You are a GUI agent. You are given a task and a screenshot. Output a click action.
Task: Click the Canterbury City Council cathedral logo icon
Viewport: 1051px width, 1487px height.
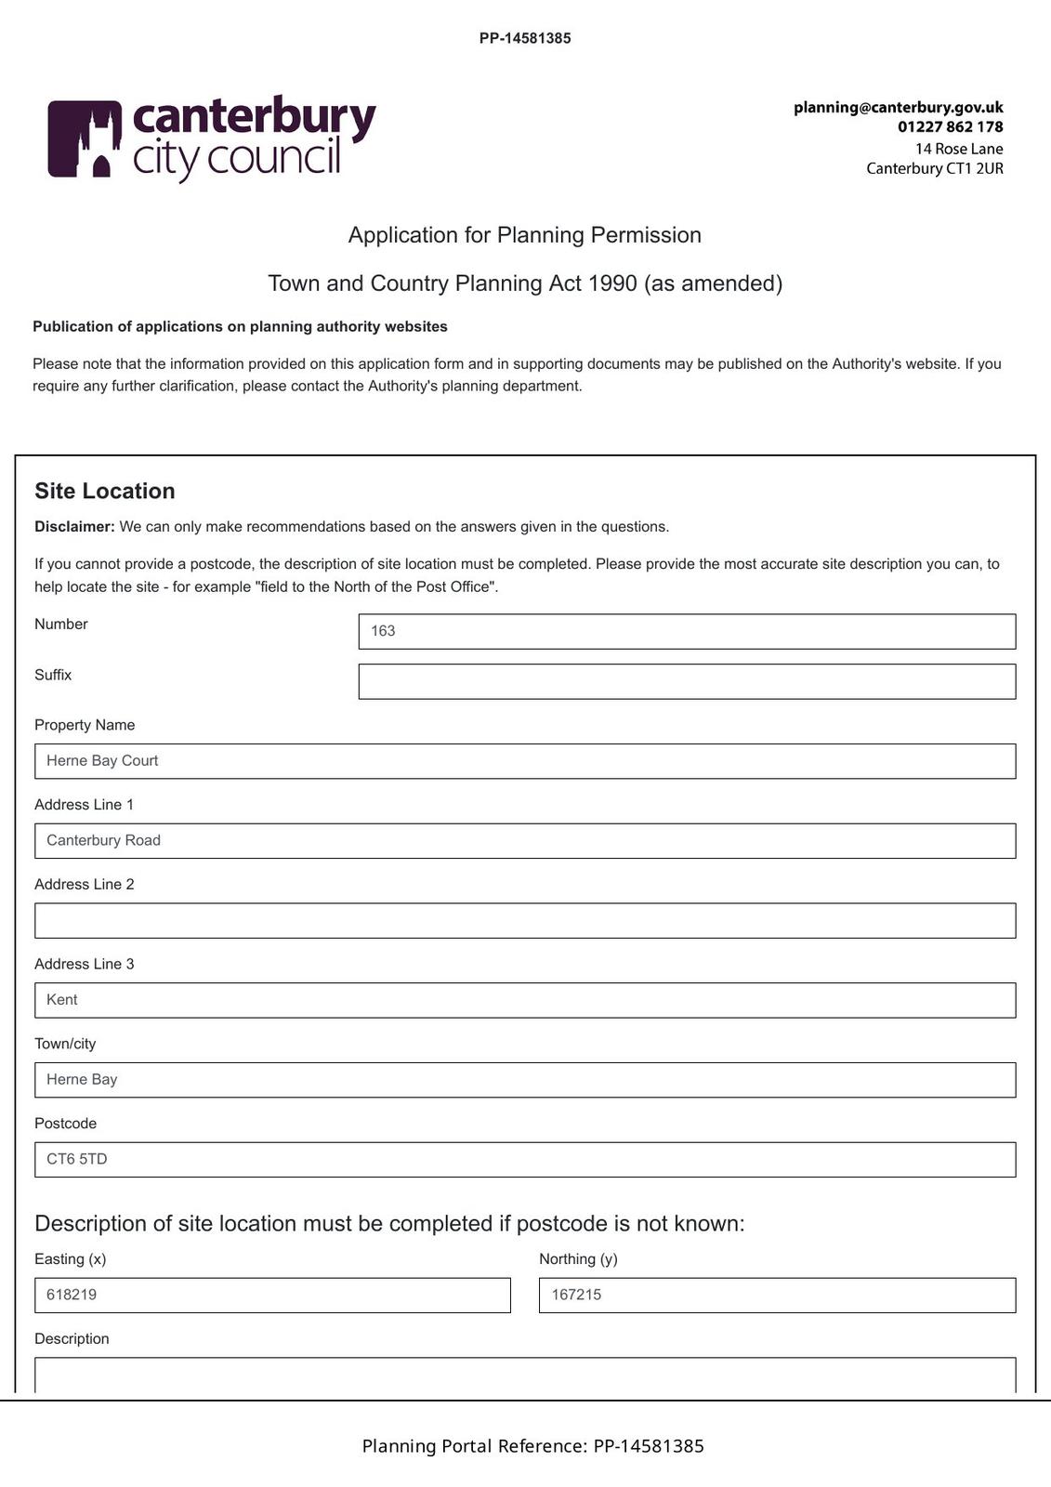(x=85, y=138)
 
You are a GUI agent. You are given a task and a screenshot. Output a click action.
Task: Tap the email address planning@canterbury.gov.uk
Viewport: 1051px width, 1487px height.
(x=898, y=108)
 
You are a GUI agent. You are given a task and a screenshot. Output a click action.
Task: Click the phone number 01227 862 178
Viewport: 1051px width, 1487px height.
(x=950, y=127)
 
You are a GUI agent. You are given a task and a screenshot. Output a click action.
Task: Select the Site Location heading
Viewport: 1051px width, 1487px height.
(x=105, y=491)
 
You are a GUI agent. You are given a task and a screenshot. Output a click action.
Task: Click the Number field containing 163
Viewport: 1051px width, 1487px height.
(x=687, y=631)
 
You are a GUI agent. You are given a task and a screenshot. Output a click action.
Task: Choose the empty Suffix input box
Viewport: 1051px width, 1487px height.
(x=687, y=681)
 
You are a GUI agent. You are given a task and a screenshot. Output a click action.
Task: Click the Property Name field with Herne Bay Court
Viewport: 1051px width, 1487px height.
(x=525, y=761)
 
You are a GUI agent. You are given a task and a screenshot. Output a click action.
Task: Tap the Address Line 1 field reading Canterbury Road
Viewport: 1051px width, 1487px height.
(x=525, y=841)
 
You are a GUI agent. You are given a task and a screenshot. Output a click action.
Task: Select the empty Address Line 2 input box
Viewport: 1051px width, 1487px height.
(x=525, y=920)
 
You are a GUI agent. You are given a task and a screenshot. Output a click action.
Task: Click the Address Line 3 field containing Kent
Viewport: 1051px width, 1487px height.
(x=525, y=1000)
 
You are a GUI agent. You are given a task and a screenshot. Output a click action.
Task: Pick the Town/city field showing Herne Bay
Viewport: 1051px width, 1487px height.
(x=525, y=1080)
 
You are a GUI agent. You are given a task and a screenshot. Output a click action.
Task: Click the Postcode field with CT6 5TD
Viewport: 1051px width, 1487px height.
(x=525, y=1160)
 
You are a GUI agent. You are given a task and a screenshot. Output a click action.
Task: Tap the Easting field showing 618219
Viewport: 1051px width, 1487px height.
(x=272, y=1296)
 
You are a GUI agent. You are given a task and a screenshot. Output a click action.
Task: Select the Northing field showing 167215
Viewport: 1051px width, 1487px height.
(x=777, y=1296)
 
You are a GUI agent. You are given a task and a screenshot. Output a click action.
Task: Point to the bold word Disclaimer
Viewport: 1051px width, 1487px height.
(x=74, y=527)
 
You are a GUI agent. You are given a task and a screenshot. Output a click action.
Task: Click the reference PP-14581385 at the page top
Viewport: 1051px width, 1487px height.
(x=525, y=38)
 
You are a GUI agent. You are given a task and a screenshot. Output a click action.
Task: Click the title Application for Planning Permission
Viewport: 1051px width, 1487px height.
(x=525, y=235)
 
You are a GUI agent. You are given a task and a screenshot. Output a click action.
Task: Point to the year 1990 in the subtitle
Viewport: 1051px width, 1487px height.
(x=612, y=283)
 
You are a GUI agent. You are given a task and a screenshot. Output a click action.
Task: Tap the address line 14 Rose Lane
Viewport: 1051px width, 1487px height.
(x=958, y=149)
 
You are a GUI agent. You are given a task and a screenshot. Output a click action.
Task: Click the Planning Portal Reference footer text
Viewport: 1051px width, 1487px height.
(x=532, y=1446)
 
